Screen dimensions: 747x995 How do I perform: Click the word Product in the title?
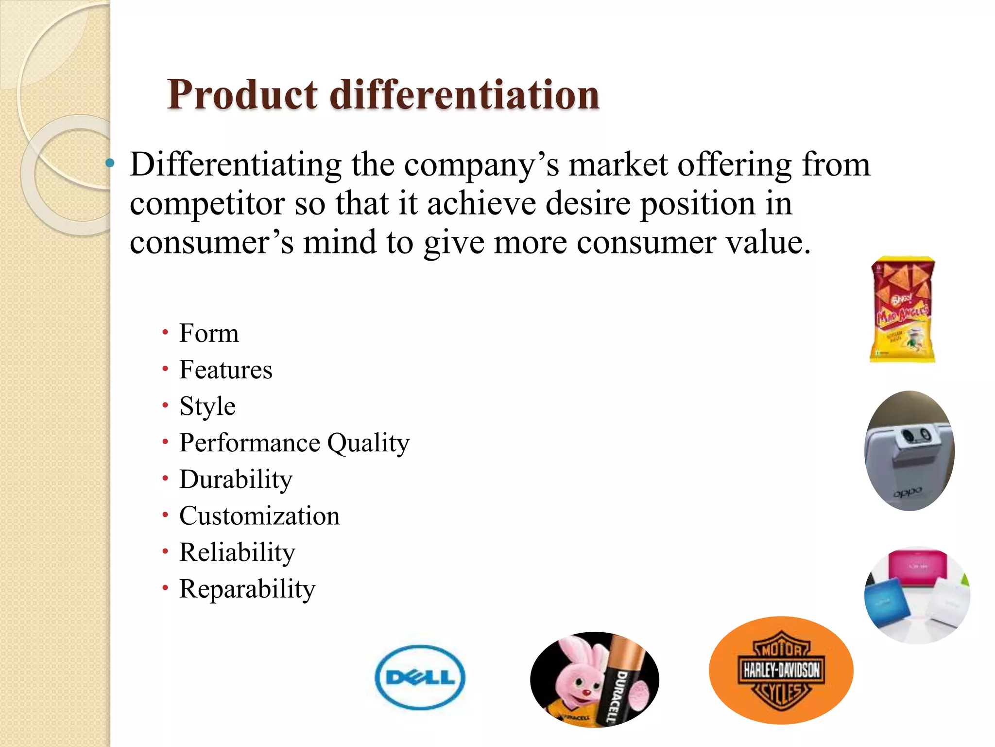click(x=242, y=95)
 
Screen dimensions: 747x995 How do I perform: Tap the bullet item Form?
click(x=209, y=334)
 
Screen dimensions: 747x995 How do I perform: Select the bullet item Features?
click(x=226, y=370)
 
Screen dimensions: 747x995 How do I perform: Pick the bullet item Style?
click(x=207, y=407)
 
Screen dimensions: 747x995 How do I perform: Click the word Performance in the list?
click(x=250, y=443)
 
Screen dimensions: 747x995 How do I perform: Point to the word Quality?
click(x=368, y=443)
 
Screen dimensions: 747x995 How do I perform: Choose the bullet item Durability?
click(x=236, y=480)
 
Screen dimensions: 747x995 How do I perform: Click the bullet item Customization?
click(x=259, y=516)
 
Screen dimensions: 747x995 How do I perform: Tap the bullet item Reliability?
click(x=237, y=552)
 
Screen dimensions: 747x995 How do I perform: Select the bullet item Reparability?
click(x=247, y=589)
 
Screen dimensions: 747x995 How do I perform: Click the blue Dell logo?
click(x=420, y=677)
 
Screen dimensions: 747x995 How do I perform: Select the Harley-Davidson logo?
click(x=781, y=670)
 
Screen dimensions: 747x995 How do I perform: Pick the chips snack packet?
click(x=903, y=310)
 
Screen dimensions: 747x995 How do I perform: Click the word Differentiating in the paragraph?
click(x=236, y=165)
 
